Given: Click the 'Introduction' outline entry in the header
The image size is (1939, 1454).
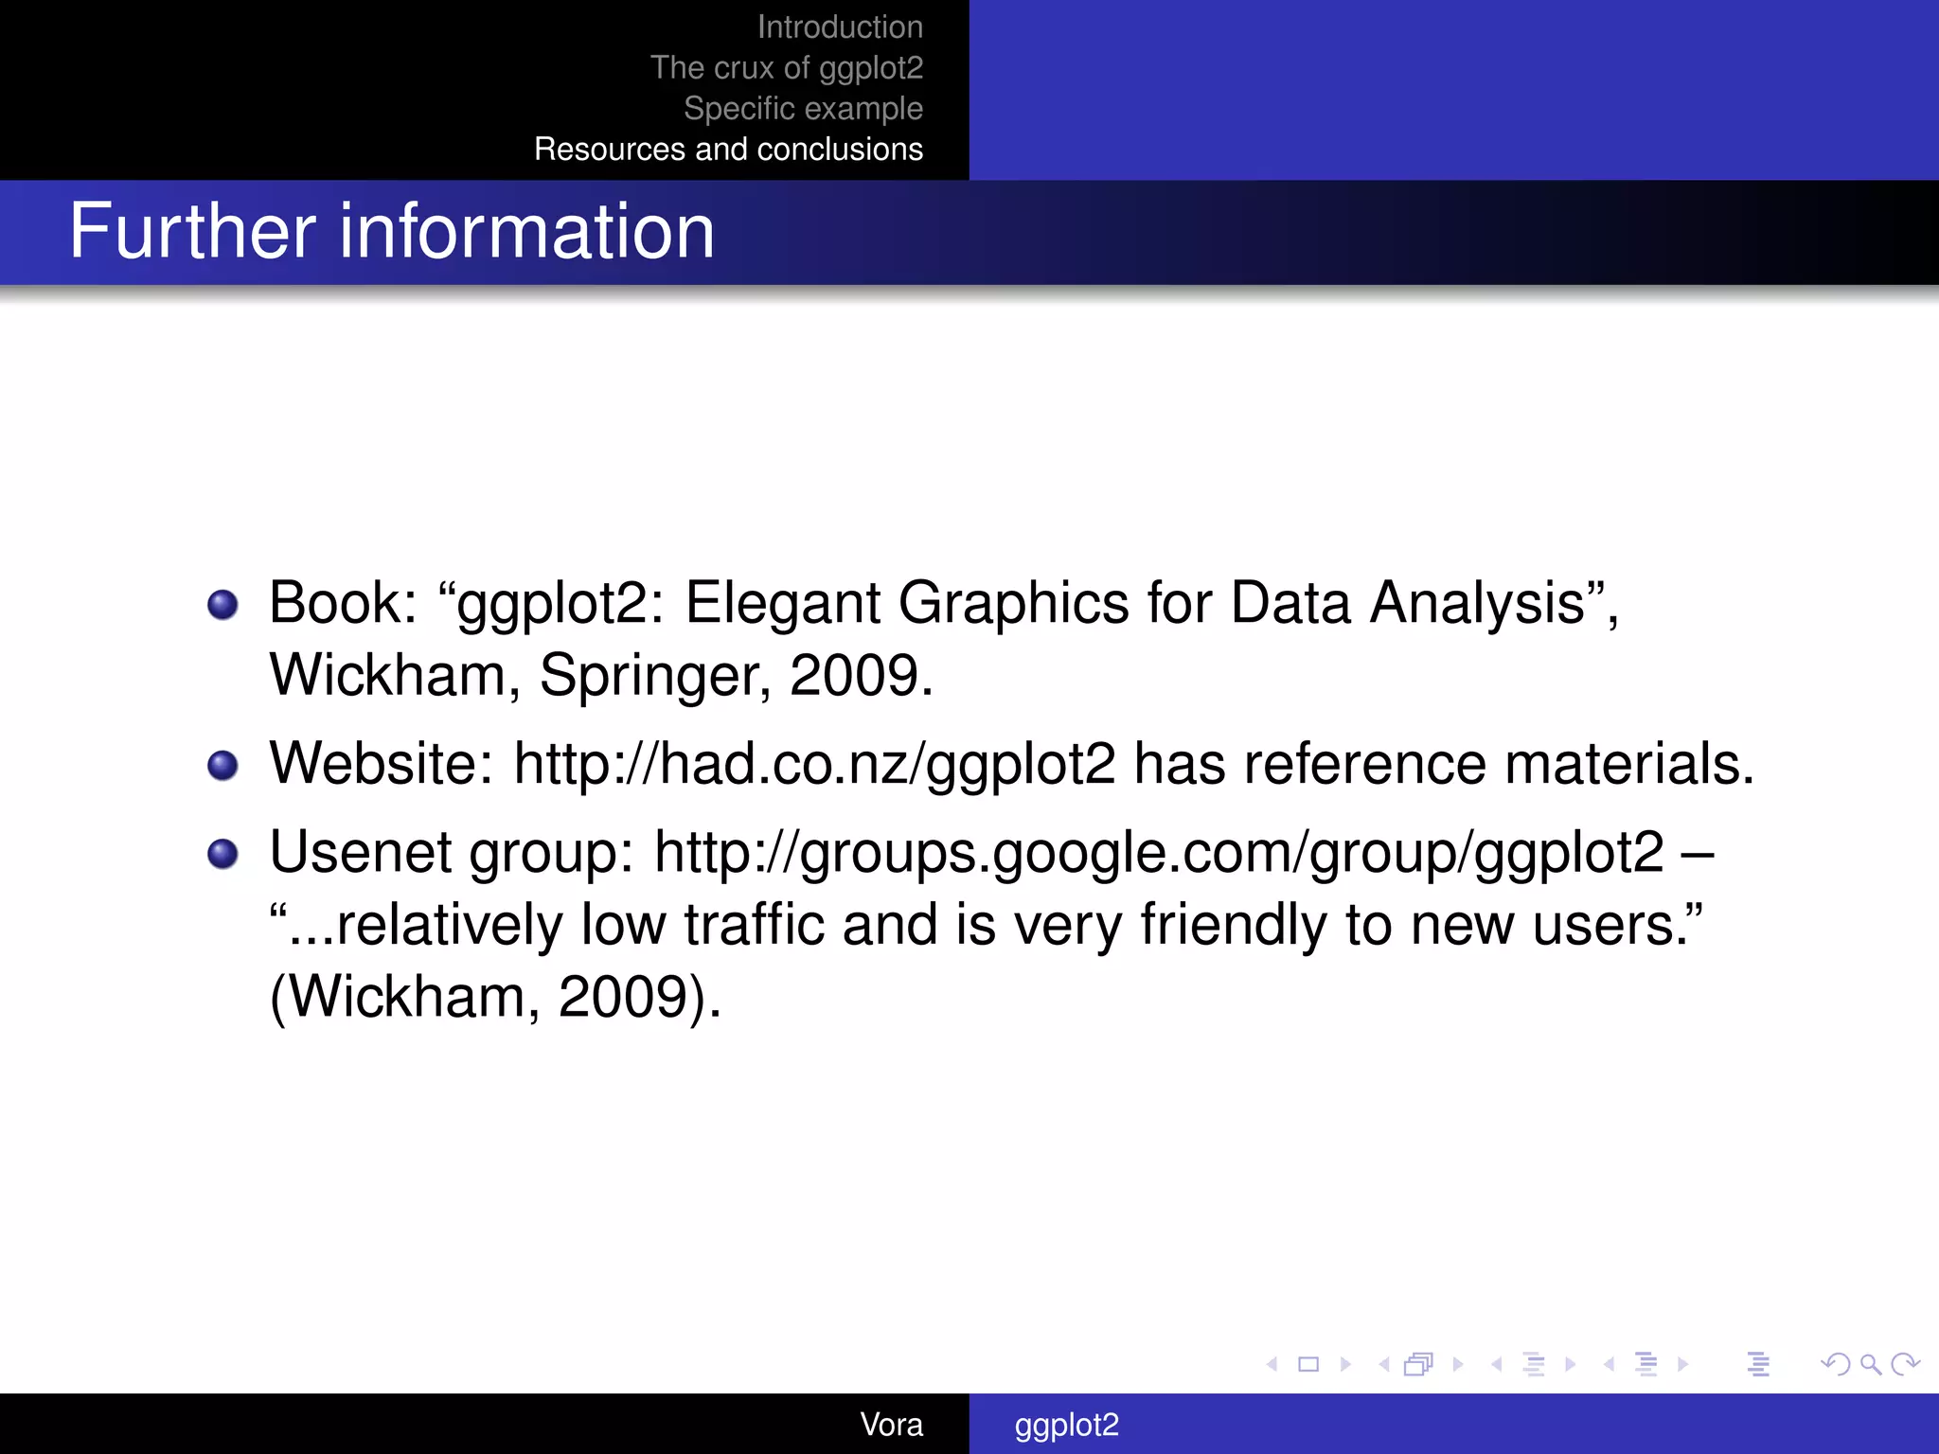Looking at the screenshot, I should (x=840, y=27).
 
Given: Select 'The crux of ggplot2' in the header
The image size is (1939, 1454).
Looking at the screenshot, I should (x=786, y=68).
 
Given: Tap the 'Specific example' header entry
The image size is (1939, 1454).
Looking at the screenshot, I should (x=803, y=109).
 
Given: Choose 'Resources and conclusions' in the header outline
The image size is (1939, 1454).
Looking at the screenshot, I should (x=728, y=150).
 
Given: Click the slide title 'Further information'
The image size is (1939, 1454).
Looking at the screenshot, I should (x=392, y=231).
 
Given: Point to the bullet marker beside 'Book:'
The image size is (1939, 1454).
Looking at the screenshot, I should (x=222, y=604).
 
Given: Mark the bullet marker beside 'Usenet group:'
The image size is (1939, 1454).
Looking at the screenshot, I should (x=222, y=854).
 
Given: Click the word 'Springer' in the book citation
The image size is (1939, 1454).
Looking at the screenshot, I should (x=654, y=676).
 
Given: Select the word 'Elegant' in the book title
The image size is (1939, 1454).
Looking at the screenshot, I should (x=782, y=603).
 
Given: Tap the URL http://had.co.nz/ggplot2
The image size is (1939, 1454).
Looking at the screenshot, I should (x=814, y=764).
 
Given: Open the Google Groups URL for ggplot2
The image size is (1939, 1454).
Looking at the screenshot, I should (x=1159, y=853).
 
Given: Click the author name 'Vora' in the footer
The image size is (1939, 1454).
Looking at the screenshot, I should (x=891, y=1425).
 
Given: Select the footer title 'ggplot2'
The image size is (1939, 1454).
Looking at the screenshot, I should (x=1066, y=1425).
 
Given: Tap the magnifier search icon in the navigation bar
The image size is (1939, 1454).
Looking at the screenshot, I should (x=1870, y=1364).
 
